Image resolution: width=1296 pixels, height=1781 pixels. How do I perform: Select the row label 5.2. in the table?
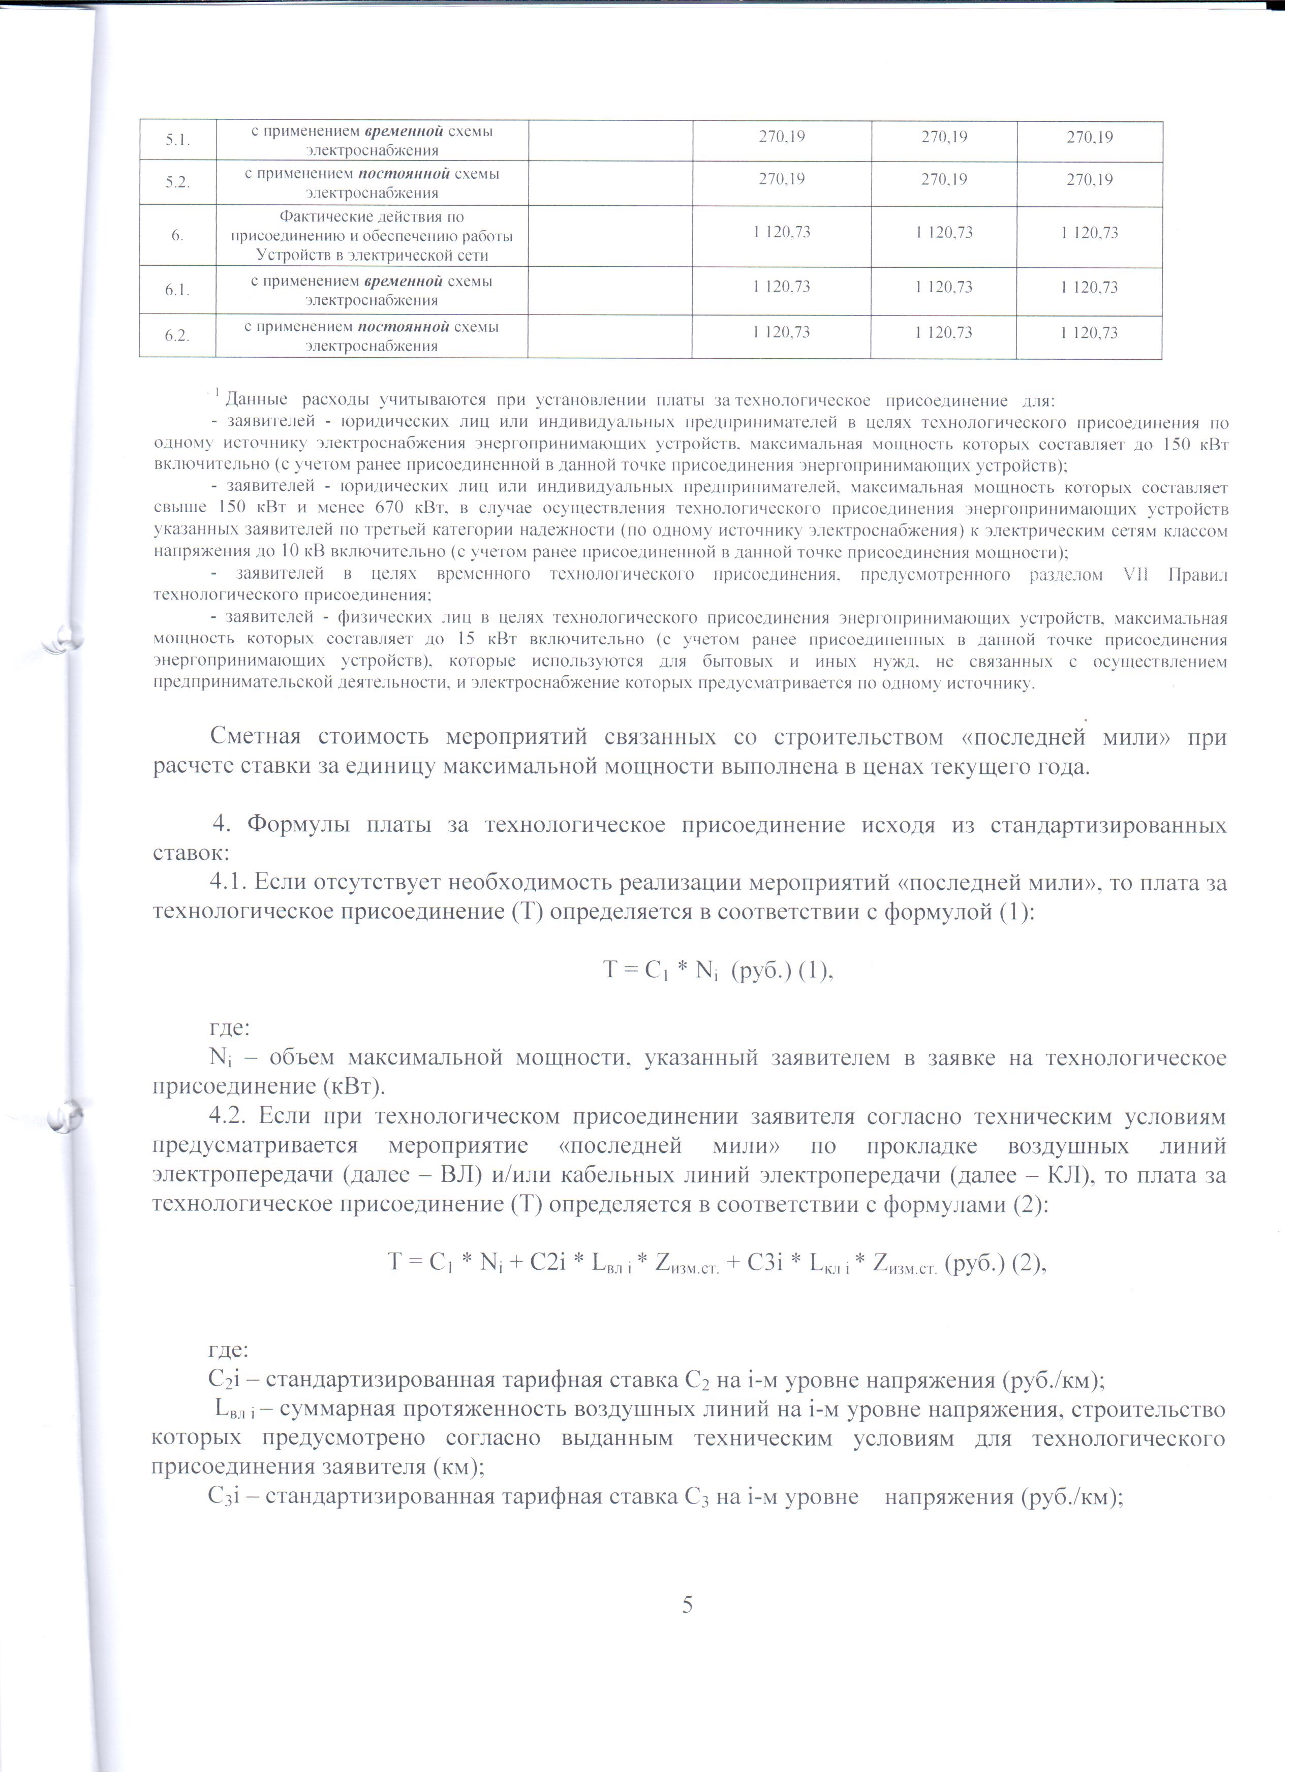point(177,183)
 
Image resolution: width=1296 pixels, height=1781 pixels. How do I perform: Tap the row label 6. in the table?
point(177,236)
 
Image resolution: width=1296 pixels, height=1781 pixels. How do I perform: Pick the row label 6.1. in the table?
point(177,290)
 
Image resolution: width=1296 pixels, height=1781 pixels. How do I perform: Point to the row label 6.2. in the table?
point(177,335)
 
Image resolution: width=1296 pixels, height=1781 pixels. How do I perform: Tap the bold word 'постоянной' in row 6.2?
point(403,327)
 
